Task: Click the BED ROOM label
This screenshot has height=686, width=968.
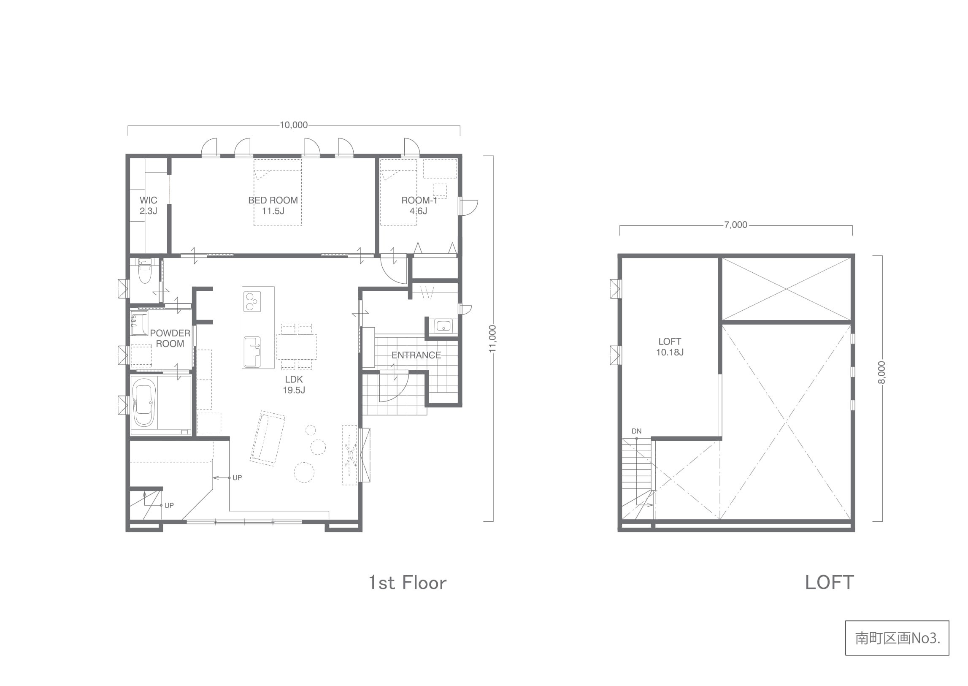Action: (x=273, y=200)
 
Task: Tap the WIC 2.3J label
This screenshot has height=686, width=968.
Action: (x=148, y=205)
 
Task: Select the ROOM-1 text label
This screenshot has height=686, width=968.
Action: (x=419, y=200)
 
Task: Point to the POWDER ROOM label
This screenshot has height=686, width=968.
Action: (x=170, y=338)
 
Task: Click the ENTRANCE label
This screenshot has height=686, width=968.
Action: (x=416, y=355)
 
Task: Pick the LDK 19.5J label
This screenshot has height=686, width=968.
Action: (x=294, y=385)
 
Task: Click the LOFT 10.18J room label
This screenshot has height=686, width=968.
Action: (x=670, y=347)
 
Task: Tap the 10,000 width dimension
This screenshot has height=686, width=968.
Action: (x=294, y=125)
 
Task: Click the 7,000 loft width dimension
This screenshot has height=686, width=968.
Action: (x=736, y=225)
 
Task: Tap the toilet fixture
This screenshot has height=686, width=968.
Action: (x=144, y=271)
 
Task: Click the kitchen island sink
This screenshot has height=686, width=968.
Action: (x=252, y=352)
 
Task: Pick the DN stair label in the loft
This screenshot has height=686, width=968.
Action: (x=637, y=431)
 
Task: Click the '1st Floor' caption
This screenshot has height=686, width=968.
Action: (x=408, y=583)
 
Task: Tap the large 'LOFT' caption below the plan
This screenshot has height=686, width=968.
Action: (x=830, y=583)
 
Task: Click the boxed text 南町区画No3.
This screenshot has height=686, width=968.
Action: (x=898, y=638)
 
